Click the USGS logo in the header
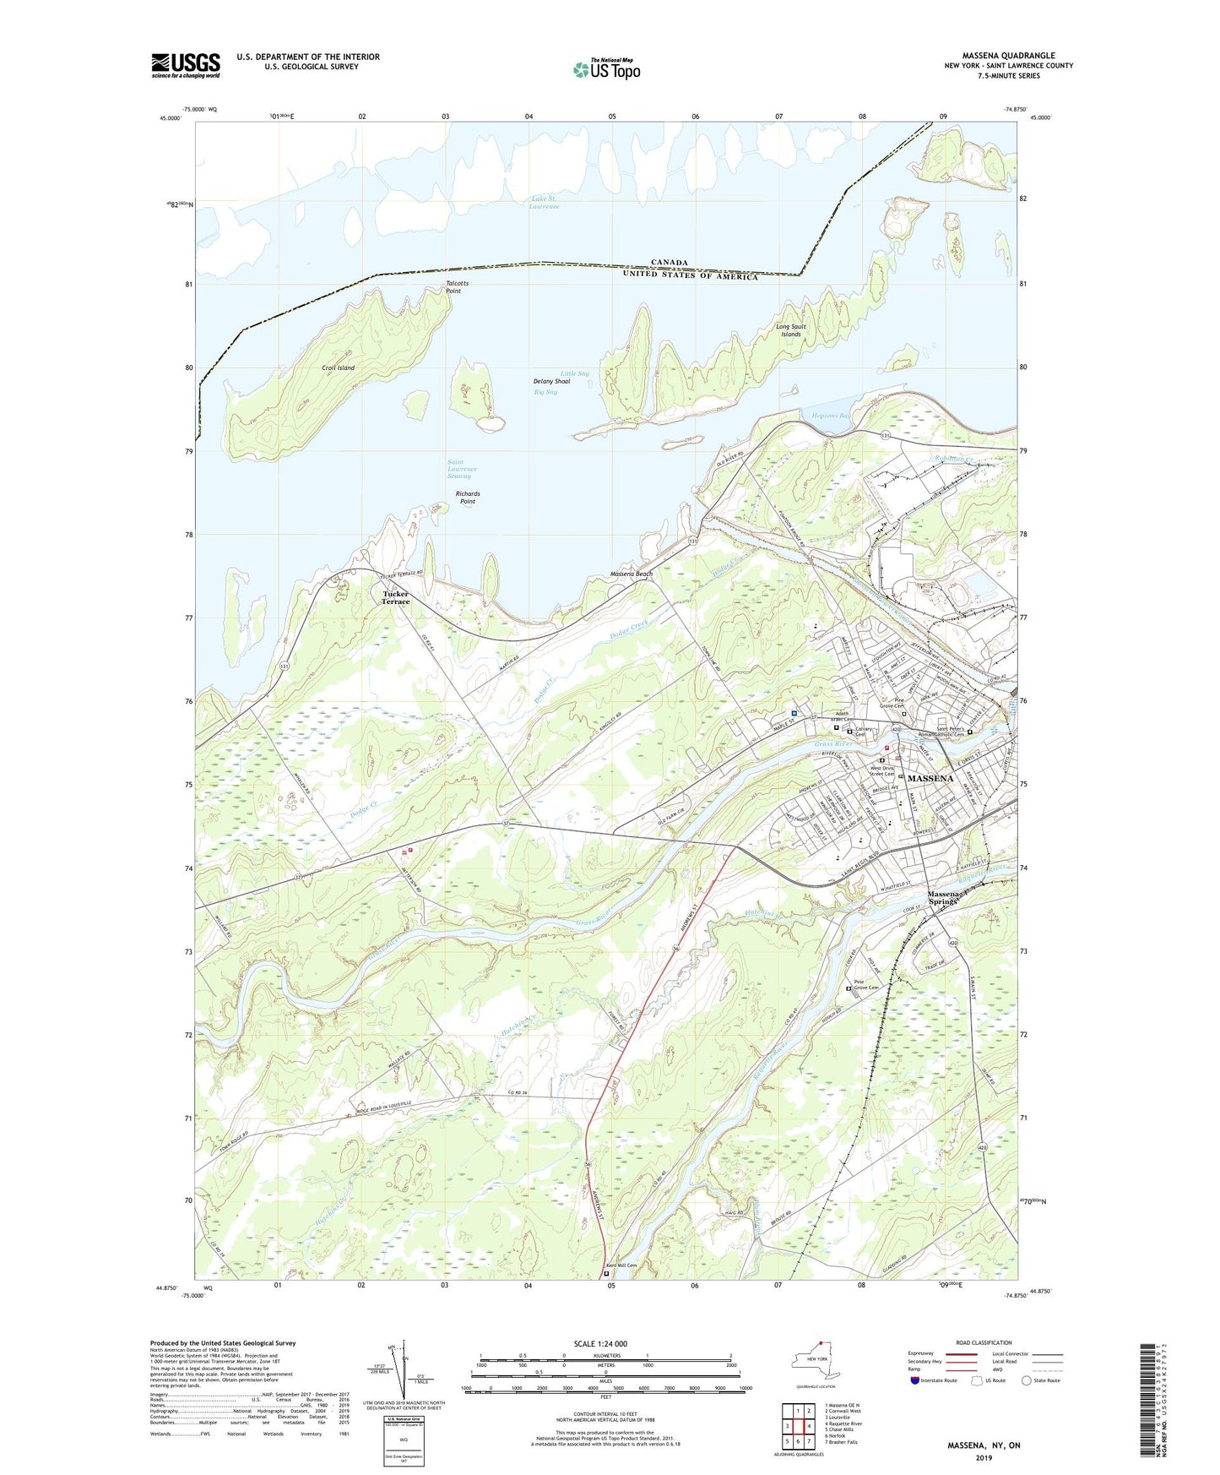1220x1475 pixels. point(185,65)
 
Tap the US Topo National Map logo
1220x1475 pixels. point(606,69)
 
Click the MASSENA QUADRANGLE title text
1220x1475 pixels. point(1008,56)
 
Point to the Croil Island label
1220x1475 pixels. point(338,368)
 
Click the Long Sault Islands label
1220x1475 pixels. point(791,330)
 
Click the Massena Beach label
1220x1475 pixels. point(632,574)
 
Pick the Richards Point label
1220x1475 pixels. point(467,498)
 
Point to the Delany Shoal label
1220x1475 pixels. point(551,382)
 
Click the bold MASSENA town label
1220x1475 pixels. point(930,778)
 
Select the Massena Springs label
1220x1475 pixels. point(944,898)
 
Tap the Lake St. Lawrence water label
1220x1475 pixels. point(545,203)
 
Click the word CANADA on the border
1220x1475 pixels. point(669,263)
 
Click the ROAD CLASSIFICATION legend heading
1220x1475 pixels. point(983,1342)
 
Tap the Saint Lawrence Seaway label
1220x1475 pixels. point(462,469)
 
